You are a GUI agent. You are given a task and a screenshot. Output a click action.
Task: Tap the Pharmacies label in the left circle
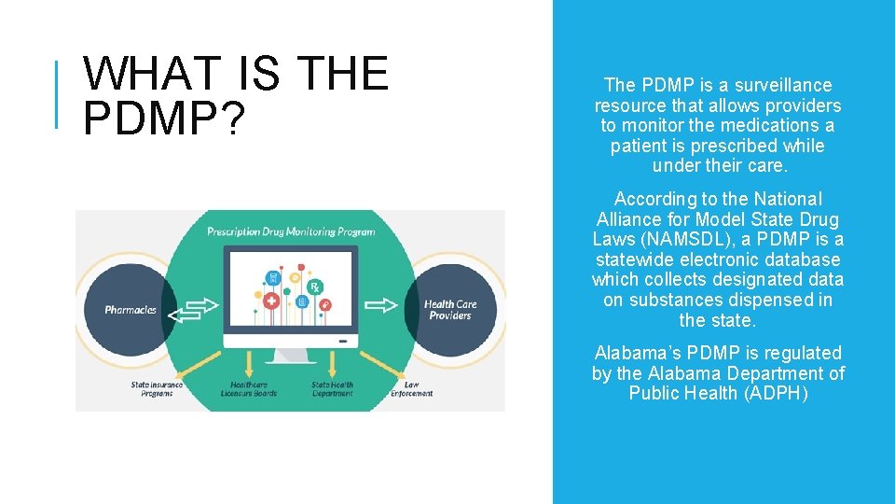coord(131,310)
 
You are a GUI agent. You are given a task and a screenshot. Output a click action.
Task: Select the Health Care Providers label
coord(450,310)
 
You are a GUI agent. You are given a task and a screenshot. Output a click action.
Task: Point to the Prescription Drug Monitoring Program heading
coord(291,231)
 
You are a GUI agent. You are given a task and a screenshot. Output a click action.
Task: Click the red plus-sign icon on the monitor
coord(272,301)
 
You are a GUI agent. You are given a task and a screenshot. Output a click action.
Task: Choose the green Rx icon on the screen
coord(315,286)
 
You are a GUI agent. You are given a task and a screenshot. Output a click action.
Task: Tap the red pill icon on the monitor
coord(324,304)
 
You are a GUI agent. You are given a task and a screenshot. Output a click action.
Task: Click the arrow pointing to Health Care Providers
coord(382,304)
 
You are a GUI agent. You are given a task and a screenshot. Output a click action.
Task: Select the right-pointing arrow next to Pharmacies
coord(200,304)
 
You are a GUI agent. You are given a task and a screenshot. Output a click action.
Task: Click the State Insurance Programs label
coord(157,389)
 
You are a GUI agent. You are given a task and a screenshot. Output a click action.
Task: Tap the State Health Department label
coord(333,389)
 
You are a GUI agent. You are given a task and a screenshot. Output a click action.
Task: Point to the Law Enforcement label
coord(411,389)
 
